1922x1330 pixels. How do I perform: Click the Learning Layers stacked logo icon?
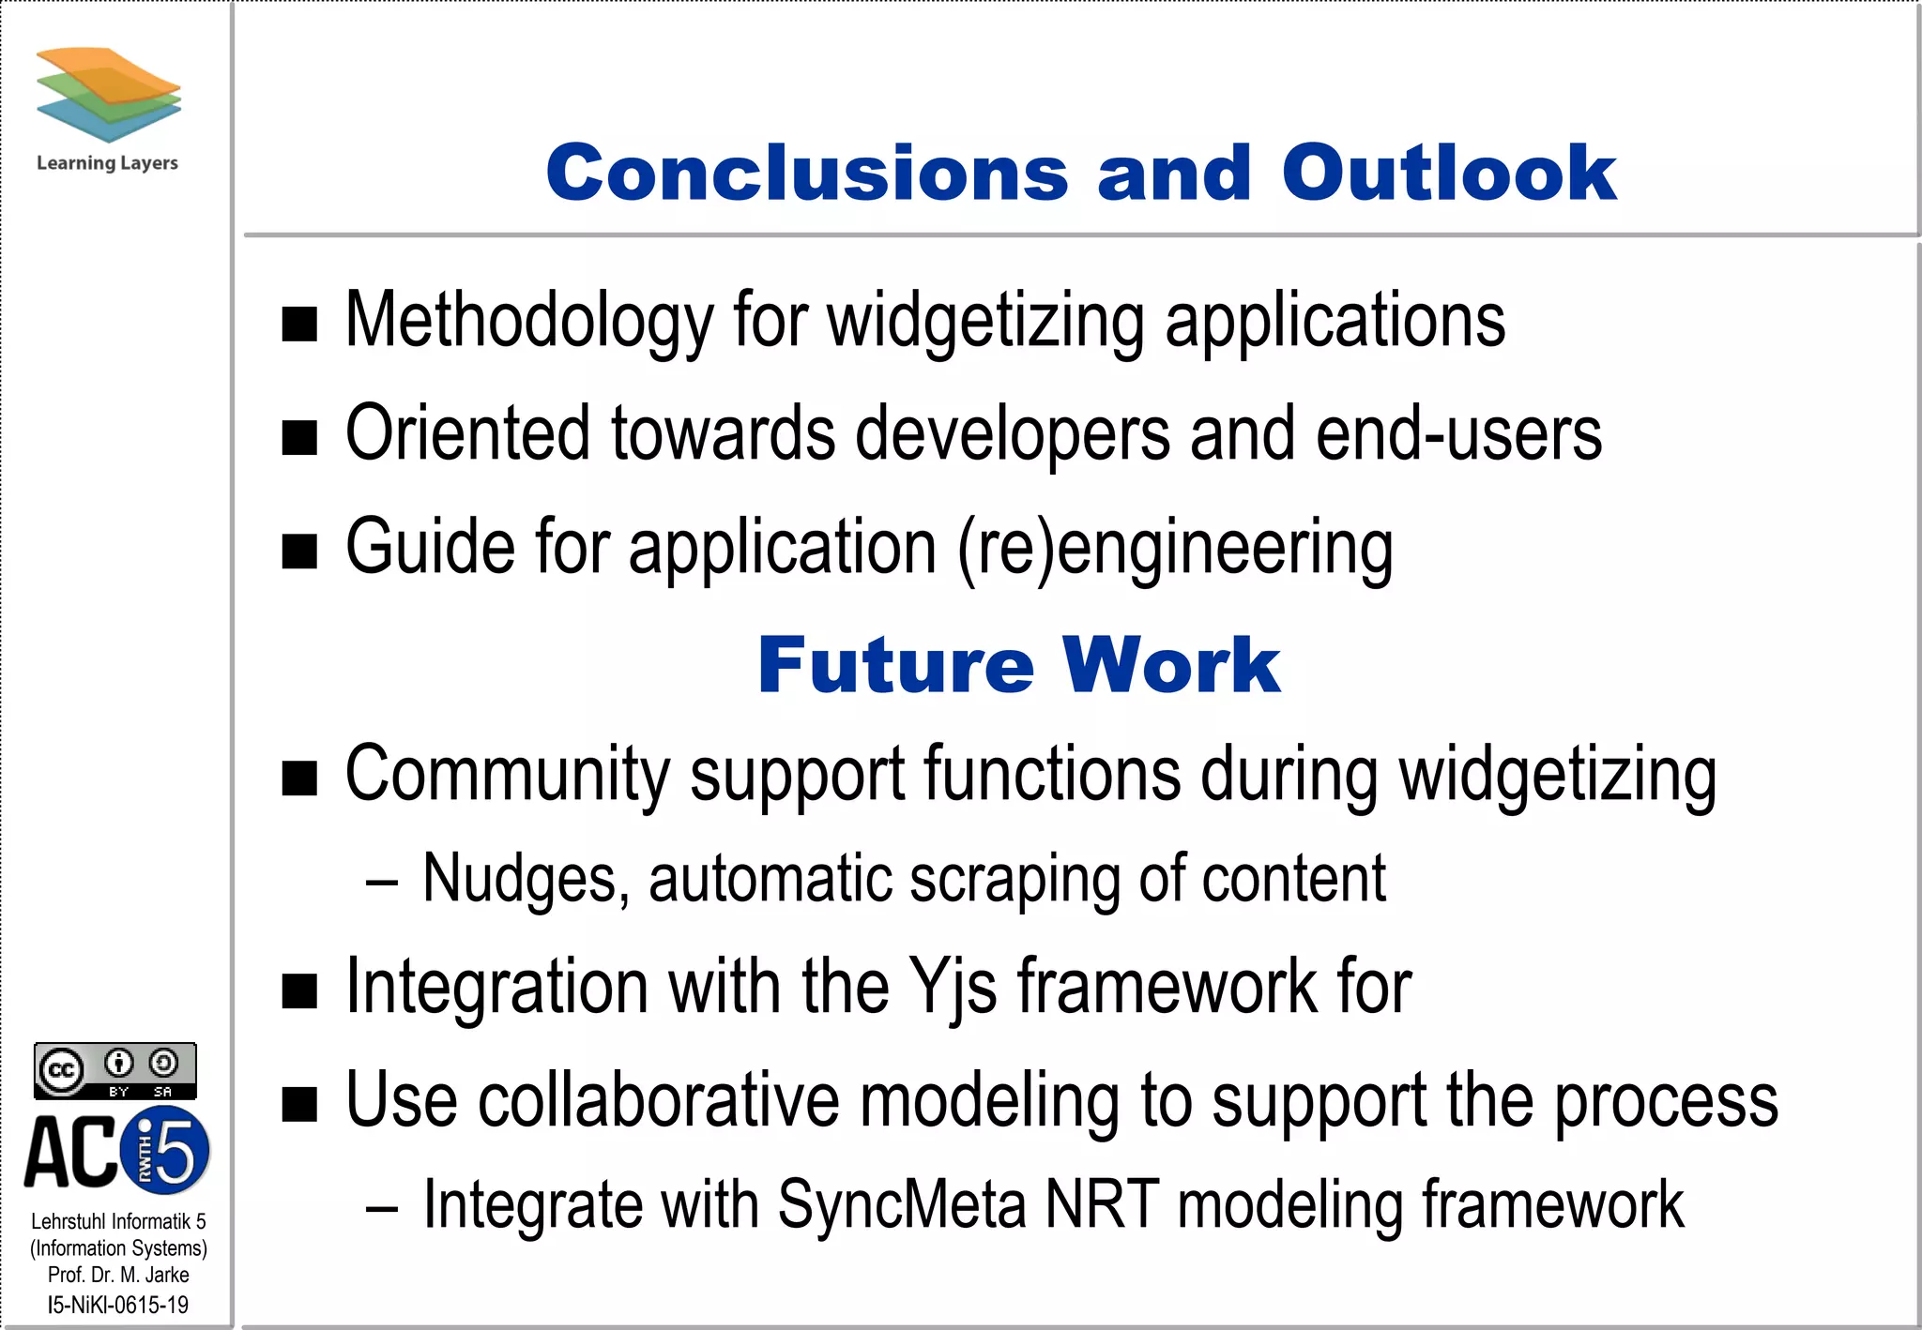tap(108, 94)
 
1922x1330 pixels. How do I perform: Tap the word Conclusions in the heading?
tap(807, 174)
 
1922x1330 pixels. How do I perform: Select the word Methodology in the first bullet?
tap(529, 321)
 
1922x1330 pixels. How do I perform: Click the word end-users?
tap(1458, 434)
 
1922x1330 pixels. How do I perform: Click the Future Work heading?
tap(1018, 665)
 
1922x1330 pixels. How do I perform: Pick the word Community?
tap(507, 776)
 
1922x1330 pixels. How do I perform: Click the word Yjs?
tap(953, 988)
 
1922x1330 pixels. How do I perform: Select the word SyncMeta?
tap(901, 1205)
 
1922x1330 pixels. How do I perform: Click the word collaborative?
tap(658, 1101)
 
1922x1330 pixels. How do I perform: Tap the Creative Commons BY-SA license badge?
tap(115, 1070)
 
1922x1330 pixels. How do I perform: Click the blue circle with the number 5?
tap(167, 1150)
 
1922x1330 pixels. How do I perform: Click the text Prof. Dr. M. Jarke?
tap(118, 1275)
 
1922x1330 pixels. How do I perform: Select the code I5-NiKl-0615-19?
tap(118, 1305)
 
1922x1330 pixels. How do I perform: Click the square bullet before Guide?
tap(299, 552)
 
